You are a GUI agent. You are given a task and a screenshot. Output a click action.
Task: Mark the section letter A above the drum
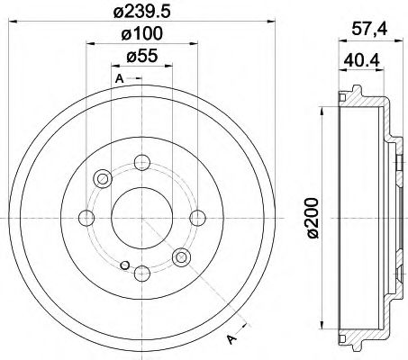tap(118, 79)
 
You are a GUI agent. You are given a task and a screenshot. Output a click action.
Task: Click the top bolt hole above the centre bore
tap(141, 163)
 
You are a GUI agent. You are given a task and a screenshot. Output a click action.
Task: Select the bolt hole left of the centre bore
tap(86, 217)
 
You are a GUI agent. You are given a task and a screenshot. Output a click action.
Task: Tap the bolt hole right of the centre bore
tap(195, 217)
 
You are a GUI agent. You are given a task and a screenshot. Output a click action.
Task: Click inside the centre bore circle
tap(141, 217)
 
